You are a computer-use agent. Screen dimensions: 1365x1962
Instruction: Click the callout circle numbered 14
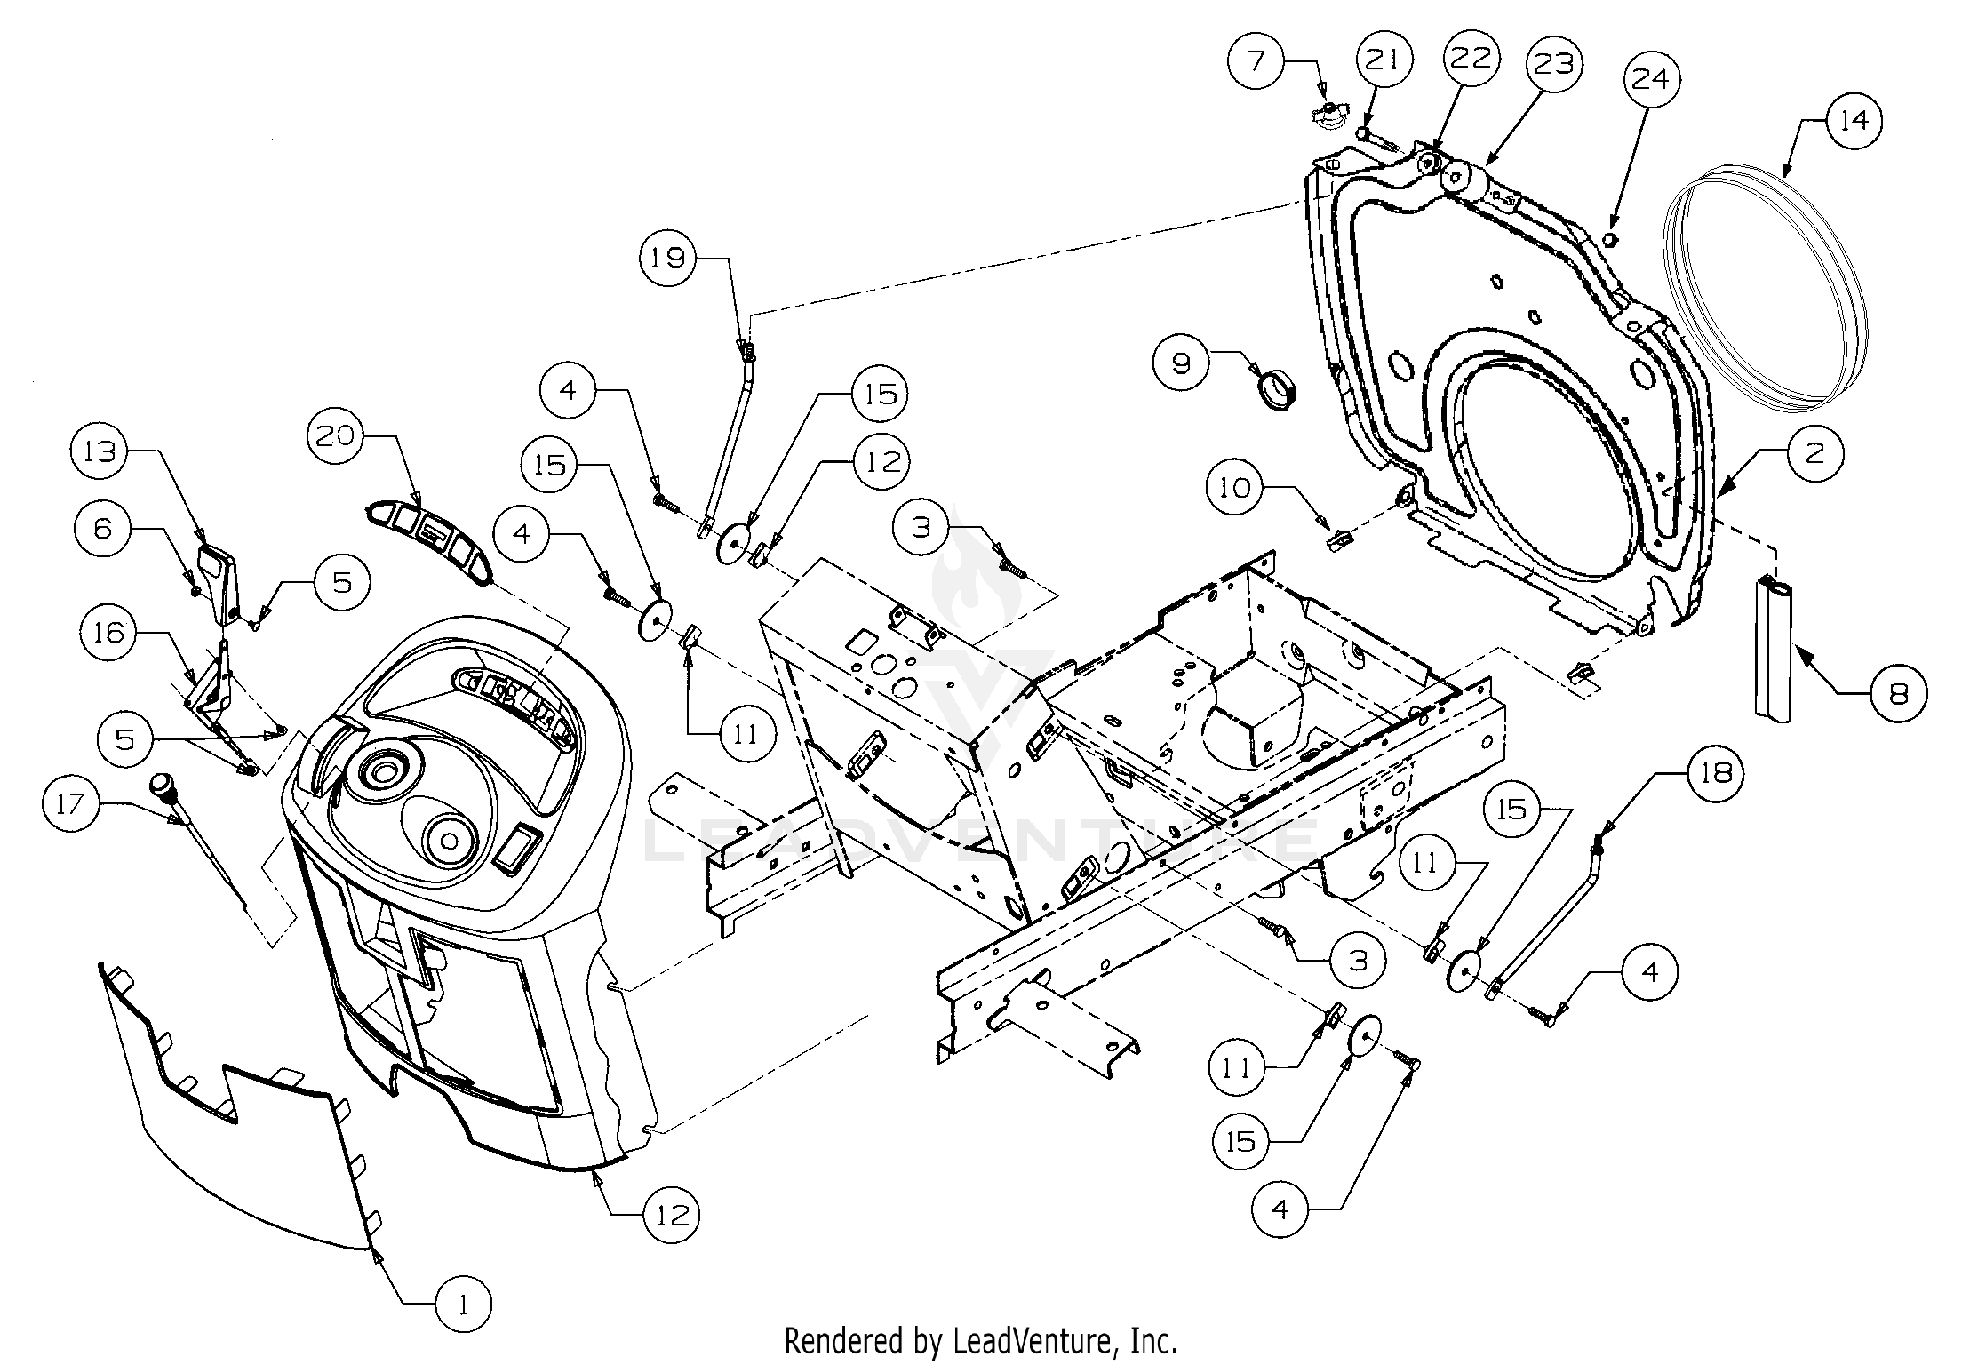(1854, 121)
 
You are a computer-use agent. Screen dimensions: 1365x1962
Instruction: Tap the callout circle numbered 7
(1256, 61)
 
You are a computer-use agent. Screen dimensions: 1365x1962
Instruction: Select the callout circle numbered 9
(1182, 363)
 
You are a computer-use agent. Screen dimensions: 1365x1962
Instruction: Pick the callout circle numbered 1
(463, 1305)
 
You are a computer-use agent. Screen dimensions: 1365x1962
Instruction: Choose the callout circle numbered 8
(1898, 694)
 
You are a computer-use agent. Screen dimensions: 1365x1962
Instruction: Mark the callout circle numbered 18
(1716, 774)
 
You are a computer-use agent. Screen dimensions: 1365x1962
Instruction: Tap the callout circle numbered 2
(1814, 454)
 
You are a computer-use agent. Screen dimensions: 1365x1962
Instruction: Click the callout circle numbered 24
(1651, 80)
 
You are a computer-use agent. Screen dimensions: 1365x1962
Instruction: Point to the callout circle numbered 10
(1235, 488)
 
